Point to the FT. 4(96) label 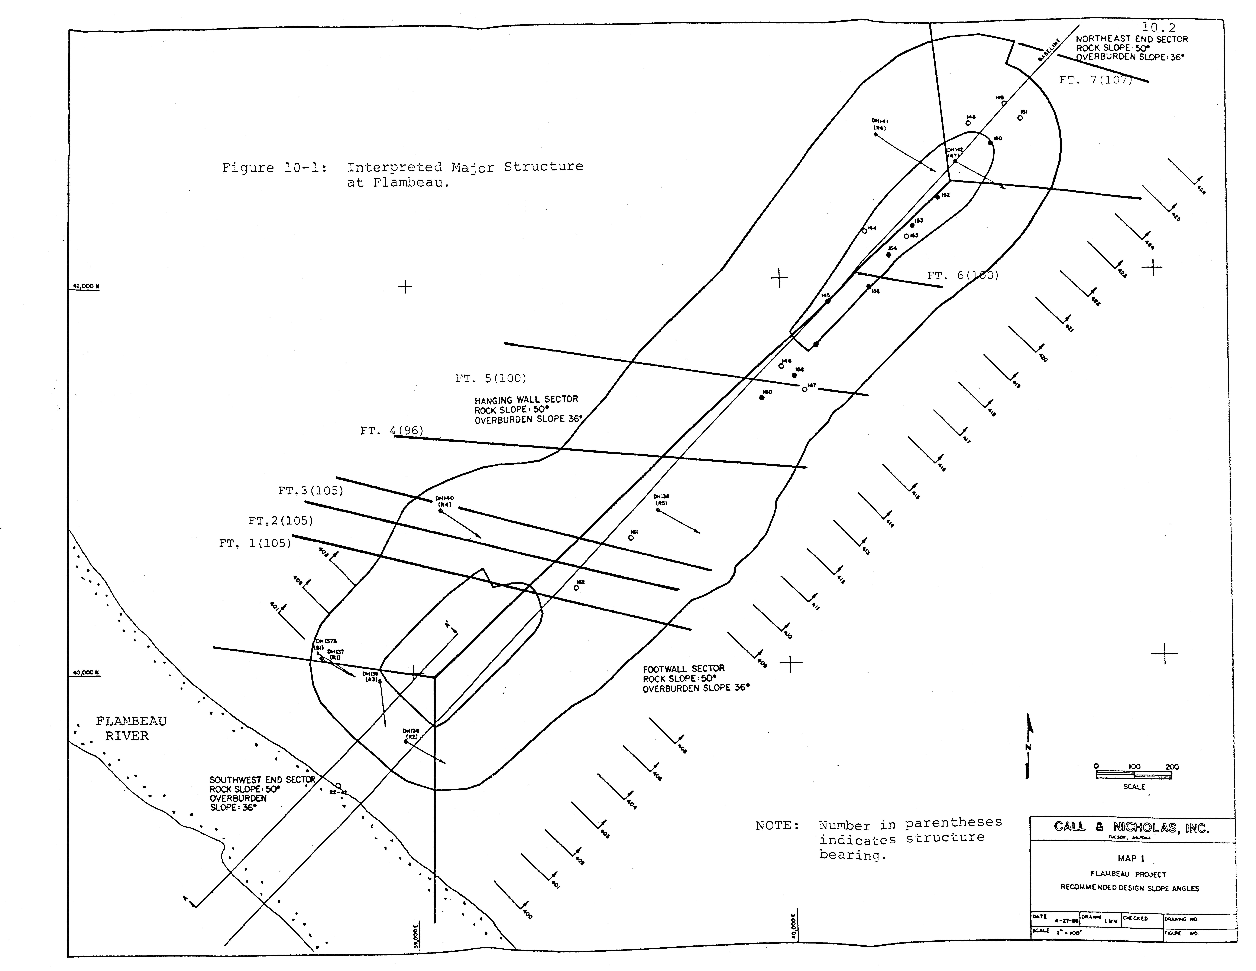tap(392, 431)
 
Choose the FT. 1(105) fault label tap(255, 543)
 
